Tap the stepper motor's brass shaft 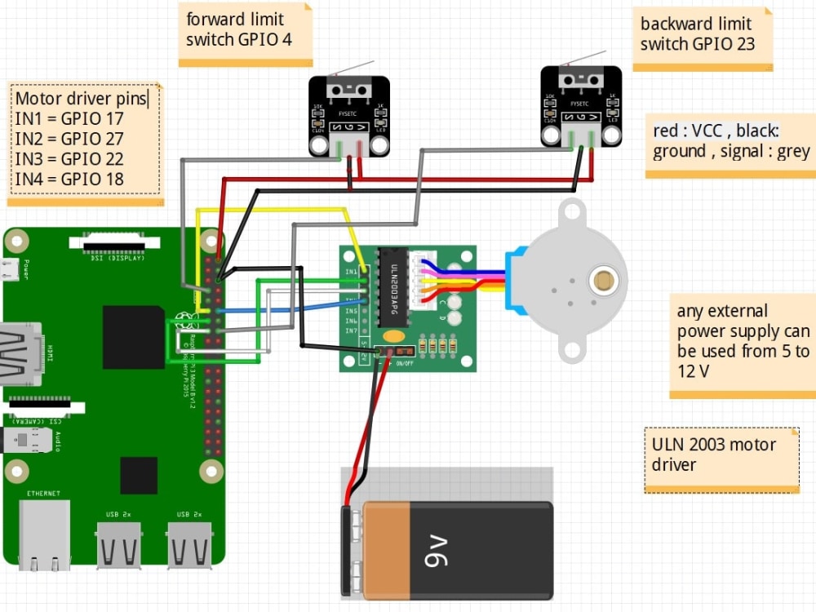pyautogui.click(x=604, y=281)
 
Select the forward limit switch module pyautogui.click(x=348, y=115)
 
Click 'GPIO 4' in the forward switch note pyautogui.click(x=264, y=39)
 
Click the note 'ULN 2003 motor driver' pyautogui.click(x=720, y=455)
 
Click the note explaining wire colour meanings pyautogui.click(x=730, y=140)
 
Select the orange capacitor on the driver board pyautogui.click(x=393, y=335)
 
